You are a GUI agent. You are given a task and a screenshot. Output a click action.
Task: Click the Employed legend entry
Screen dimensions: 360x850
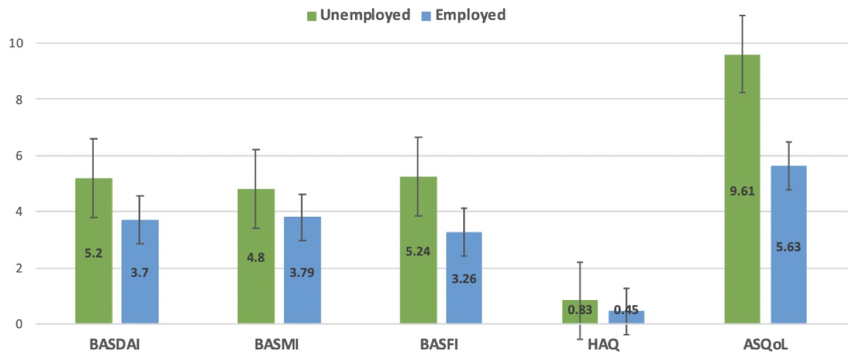tap(463, 15)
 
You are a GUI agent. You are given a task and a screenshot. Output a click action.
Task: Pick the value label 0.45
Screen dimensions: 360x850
tap(626, 310)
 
